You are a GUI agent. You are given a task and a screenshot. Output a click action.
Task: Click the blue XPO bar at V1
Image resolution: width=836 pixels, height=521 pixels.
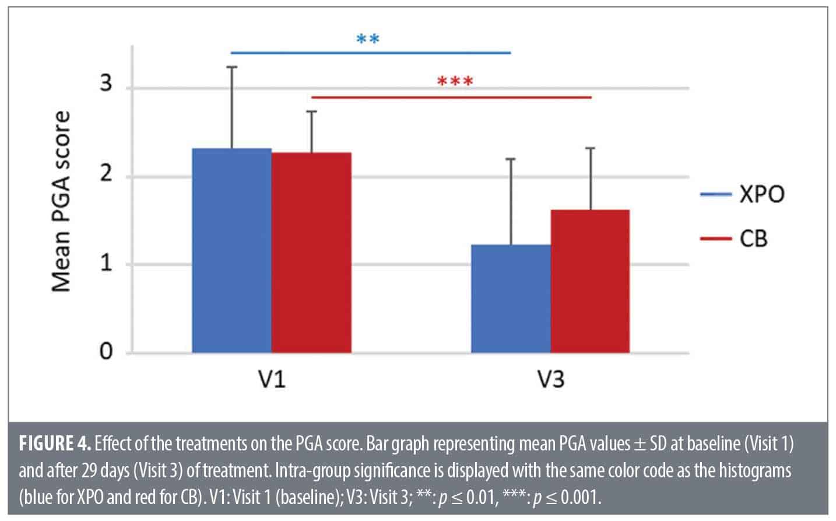point(231,251)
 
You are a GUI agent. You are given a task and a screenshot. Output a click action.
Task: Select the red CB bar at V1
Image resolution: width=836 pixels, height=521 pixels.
point(311,253)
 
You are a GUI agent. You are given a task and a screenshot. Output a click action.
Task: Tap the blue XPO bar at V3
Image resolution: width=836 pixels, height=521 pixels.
point(511,299)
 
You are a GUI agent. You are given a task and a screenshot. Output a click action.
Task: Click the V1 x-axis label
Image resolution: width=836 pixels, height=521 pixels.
point(272,380)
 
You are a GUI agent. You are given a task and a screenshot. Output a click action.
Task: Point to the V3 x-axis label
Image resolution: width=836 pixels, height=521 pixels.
point(550,380)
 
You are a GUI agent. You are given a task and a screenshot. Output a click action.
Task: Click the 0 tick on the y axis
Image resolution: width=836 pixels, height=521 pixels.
point(106,353)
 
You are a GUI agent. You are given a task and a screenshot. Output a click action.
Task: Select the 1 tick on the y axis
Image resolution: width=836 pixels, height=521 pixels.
point(106,264)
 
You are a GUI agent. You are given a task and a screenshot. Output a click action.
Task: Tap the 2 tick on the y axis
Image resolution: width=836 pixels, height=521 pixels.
point(106,176)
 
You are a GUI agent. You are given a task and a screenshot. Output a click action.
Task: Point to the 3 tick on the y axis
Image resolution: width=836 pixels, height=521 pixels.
point(106,86)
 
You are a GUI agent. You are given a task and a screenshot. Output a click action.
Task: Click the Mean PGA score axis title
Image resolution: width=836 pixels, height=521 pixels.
point(61,201)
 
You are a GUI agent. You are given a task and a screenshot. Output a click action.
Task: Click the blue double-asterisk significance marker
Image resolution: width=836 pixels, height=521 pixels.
point(368,40)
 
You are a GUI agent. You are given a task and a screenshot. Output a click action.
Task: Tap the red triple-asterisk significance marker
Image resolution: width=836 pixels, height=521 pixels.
point(455,81)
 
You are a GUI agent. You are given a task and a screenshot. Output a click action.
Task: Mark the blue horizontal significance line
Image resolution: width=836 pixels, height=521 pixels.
point(371,53)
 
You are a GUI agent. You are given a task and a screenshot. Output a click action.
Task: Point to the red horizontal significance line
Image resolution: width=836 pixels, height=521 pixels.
point(452,97)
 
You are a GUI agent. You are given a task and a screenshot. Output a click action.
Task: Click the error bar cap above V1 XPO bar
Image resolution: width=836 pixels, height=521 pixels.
point(232,67)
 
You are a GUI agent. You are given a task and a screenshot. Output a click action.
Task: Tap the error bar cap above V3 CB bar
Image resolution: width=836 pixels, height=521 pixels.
point(590,148)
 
